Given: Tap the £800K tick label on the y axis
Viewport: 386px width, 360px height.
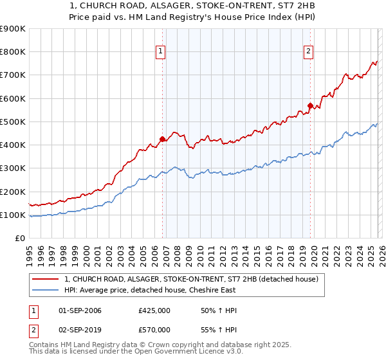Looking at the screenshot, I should point(13,52).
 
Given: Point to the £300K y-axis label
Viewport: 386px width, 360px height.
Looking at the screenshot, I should point(13,168).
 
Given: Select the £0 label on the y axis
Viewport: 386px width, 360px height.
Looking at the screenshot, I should point(20,239).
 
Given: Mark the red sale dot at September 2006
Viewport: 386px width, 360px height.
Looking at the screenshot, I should point(162,138).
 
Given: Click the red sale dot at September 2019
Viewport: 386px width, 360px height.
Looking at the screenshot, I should point(310,105).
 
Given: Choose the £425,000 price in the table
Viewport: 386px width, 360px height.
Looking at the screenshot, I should point(154,310).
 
